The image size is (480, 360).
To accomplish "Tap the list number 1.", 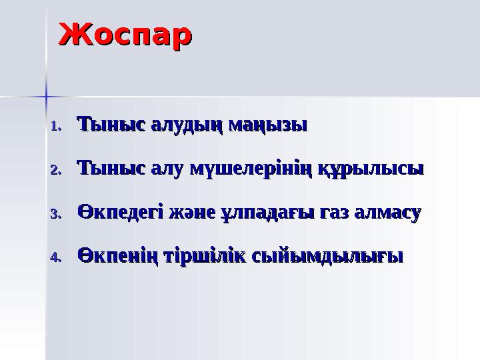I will [x=56, y=126].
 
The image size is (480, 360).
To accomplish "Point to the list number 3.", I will [x=56, y=214].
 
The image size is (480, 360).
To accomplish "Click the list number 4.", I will [x=56, y=257].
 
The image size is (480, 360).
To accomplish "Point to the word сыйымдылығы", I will [x=325, y=257].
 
